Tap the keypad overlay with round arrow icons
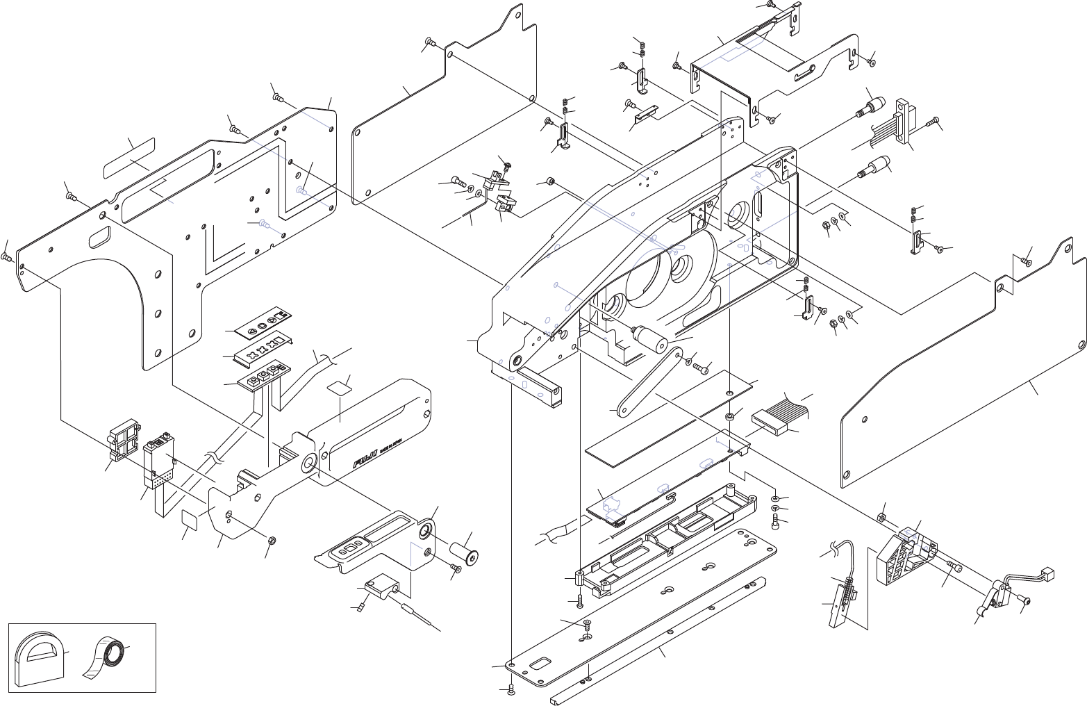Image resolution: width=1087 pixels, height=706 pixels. pos(262,322)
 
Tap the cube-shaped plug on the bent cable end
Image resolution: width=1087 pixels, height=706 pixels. pos(1049,574)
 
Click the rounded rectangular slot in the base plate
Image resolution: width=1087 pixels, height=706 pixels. pos(540,664)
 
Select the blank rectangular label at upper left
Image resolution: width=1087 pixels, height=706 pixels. pos(129,158)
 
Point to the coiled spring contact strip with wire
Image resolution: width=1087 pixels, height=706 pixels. pos(847,590)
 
